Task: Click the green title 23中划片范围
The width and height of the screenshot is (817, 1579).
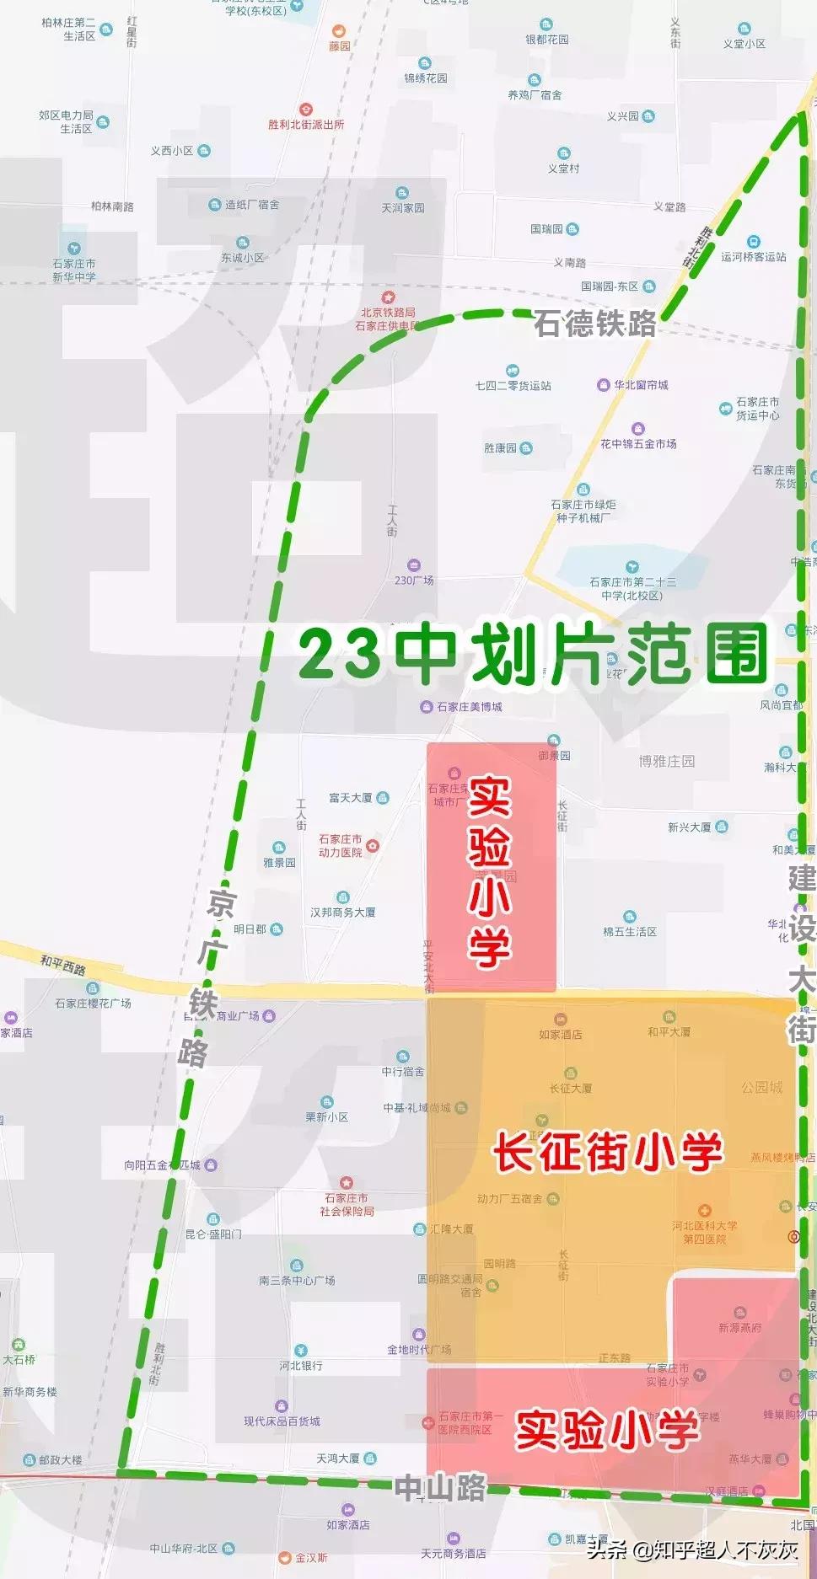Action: tap(533, 655)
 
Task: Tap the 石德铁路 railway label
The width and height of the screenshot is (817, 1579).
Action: tap(595, 324)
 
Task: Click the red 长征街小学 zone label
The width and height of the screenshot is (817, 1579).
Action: tap(607, 1152)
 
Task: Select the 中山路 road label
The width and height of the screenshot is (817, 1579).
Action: tap(441, 1488)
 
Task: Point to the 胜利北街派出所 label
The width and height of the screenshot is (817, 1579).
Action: tap(306, 125)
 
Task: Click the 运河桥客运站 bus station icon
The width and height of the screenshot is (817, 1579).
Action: tap(753, 243)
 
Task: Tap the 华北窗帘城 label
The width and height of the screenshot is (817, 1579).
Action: tap(641, 385)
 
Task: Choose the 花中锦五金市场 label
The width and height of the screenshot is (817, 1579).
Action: tap(638, 444)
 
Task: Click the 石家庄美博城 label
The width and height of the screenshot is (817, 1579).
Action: tap(469, 707)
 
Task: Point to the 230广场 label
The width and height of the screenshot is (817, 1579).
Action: tap(414, 581)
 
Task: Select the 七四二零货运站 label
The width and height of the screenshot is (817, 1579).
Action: tap(513, 386)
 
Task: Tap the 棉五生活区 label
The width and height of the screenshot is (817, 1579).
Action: tap(630, 931)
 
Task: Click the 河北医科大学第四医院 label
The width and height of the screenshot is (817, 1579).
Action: tap(705, 1232)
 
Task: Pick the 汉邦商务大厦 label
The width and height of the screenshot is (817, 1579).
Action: tap(342, 913)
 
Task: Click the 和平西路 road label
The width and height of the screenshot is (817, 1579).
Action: tap(63, 964)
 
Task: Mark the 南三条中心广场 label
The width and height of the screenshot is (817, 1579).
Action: tap(297, 1280)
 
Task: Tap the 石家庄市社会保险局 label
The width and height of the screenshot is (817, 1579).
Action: tap(347, 1204)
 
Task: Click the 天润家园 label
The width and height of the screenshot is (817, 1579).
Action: tap(402, 208)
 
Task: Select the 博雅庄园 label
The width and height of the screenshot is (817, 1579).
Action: tap(667, 762)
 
